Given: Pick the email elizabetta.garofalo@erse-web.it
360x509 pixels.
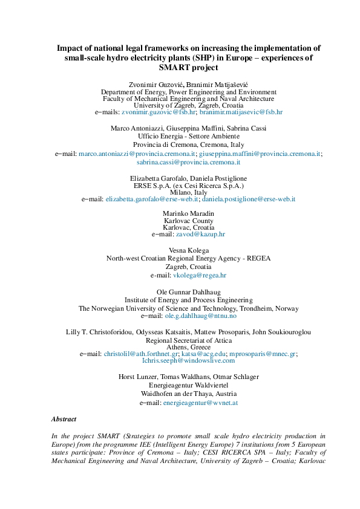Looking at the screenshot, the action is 152,199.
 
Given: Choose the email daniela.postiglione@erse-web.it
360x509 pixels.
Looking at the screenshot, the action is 249,199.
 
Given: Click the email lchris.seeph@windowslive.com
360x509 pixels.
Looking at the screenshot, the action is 188,360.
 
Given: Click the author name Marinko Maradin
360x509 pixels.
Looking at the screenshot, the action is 188,213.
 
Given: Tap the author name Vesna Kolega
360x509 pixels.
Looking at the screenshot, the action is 188,250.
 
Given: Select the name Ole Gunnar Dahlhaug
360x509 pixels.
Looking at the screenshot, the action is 188,291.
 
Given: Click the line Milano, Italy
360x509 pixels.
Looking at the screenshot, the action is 188,192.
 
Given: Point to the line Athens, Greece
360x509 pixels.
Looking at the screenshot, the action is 188,347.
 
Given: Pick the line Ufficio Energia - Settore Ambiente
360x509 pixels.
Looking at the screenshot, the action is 188,137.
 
